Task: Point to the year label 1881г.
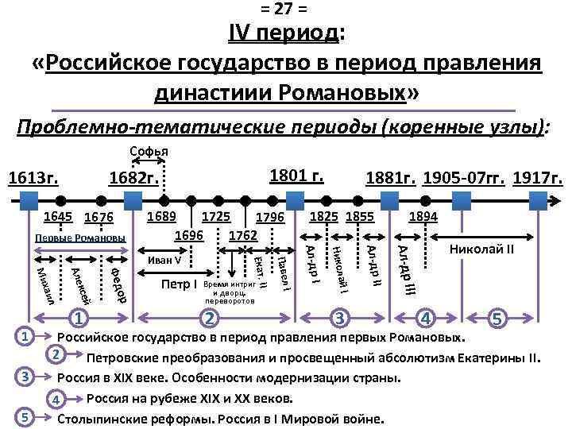pos(389,179)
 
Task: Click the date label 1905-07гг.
pos(466,179)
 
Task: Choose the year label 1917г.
pos(539,179)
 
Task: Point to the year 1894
pos(422,217)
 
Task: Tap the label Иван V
pos(165,260)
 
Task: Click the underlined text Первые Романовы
pos(80,238)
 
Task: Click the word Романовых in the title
pos(342,93)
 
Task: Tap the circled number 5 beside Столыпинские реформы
pos(25,417)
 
